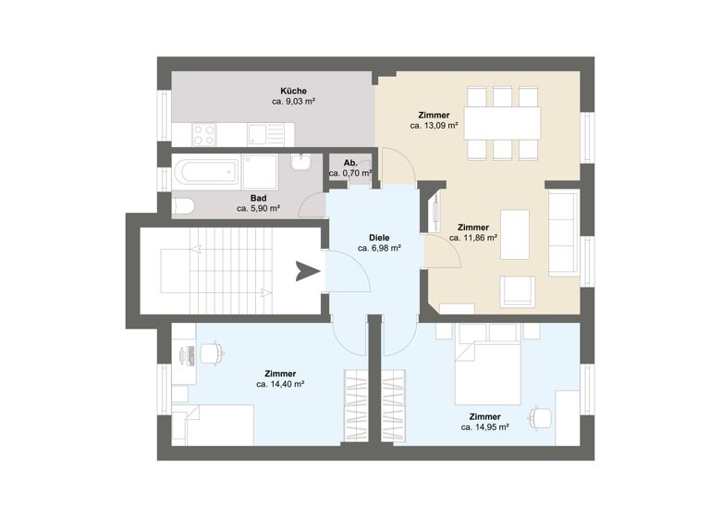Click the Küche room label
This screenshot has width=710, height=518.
(x=294, y=91)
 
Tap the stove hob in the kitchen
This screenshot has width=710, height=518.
(x=204, y=134)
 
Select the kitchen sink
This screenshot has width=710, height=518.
(x=254, y=135)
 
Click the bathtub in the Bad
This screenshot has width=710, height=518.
(x=206, y=171)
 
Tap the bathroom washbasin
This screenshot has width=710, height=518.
(x=300, y=164)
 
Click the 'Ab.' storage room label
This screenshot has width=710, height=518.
(x=350, y=163)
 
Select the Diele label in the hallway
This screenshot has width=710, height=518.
(x=379, y=237)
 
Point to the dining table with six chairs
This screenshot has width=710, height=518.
(x=503, y=122)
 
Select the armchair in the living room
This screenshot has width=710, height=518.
(x=518, y=290)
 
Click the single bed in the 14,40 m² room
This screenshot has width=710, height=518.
(x=213, y=425)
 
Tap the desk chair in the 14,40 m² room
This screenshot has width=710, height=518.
(x=212, y=352)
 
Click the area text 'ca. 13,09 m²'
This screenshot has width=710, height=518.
(x=435, y=125)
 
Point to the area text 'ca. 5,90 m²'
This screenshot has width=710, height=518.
(x=259, y=209)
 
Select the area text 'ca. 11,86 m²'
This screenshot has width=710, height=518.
(x=473, y=238)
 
